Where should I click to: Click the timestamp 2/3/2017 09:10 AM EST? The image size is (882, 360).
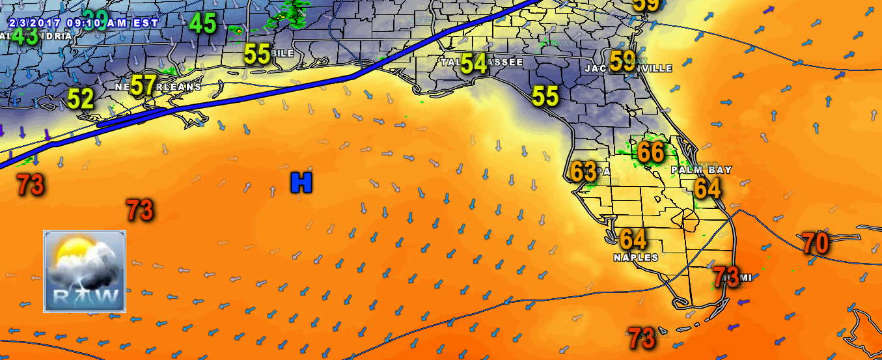point(83,21)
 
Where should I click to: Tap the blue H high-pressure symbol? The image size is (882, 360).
point(301,183)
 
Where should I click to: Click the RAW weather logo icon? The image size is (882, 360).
point(85,271)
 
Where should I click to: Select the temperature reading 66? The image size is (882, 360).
point(650,152)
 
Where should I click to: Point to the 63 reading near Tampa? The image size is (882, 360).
point(583,172)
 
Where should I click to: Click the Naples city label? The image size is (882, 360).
point(636,258)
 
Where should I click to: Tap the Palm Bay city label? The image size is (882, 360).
point(702,170)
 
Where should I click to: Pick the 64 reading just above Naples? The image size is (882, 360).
point(633,239)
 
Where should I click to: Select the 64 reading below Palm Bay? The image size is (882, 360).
point(708,188)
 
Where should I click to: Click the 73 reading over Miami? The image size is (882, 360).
point(726,277)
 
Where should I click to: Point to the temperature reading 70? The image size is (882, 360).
point(815,243)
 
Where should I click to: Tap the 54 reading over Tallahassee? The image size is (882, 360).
point(474,64)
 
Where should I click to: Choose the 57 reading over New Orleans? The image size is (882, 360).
point(144,85)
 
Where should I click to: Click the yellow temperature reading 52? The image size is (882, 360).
point(81,99)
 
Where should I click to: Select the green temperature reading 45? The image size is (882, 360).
point(202,24)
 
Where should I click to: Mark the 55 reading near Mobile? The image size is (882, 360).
point(257,54)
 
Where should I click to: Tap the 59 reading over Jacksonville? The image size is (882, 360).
point(623,61)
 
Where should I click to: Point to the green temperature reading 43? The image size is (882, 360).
point(25,36)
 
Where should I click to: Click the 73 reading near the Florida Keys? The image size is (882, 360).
point(641,338)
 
